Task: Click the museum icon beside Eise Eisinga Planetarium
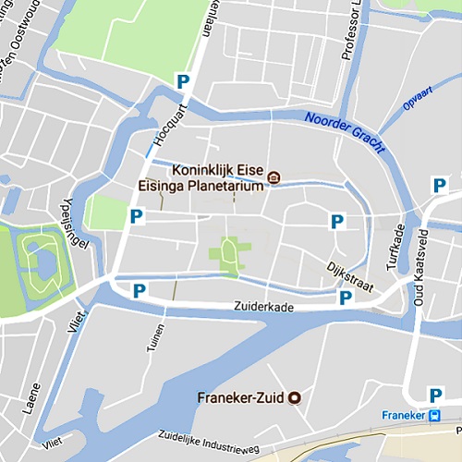point(274,176)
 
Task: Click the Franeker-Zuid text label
point(241,399)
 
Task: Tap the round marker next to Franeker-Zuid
point(296,398)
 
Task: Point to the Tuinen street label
point(158,340)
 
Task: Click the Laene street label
point(36,396)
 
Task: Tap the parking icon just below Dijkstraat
point(345,298)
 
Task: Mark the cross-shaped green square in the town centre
point(227,255)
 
